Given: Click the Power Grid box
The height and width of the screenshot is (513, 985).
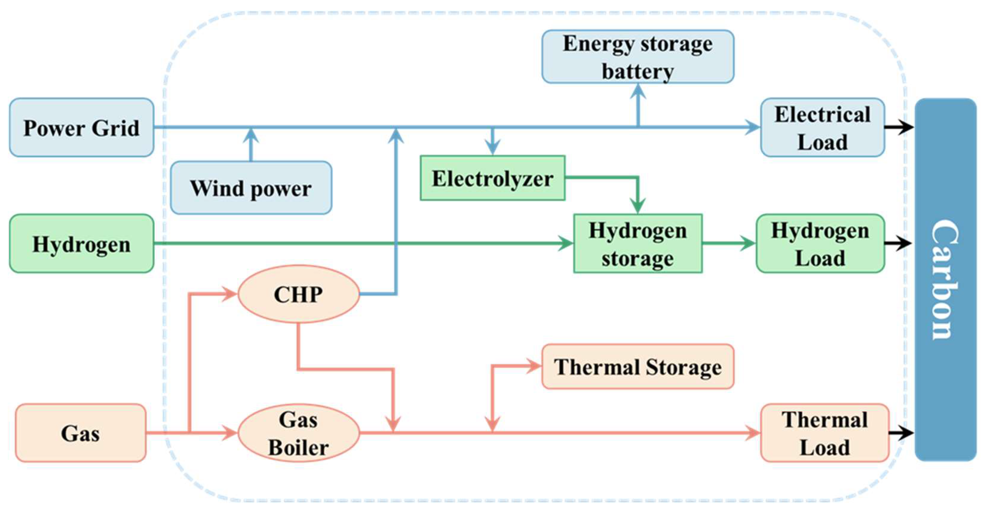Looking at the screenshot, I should (82, 127).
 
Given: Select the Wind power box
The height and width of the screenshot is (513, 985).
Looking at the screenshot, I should (251, 188).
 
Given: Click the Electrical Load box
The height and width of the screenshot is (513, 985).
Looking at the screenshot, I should (822, 127).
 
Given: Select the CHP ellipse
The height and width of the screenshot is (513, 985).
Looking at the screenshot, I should (298, 294).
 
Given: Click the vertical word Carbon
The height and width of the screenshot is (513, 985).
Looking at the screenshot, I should (945, 279).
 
